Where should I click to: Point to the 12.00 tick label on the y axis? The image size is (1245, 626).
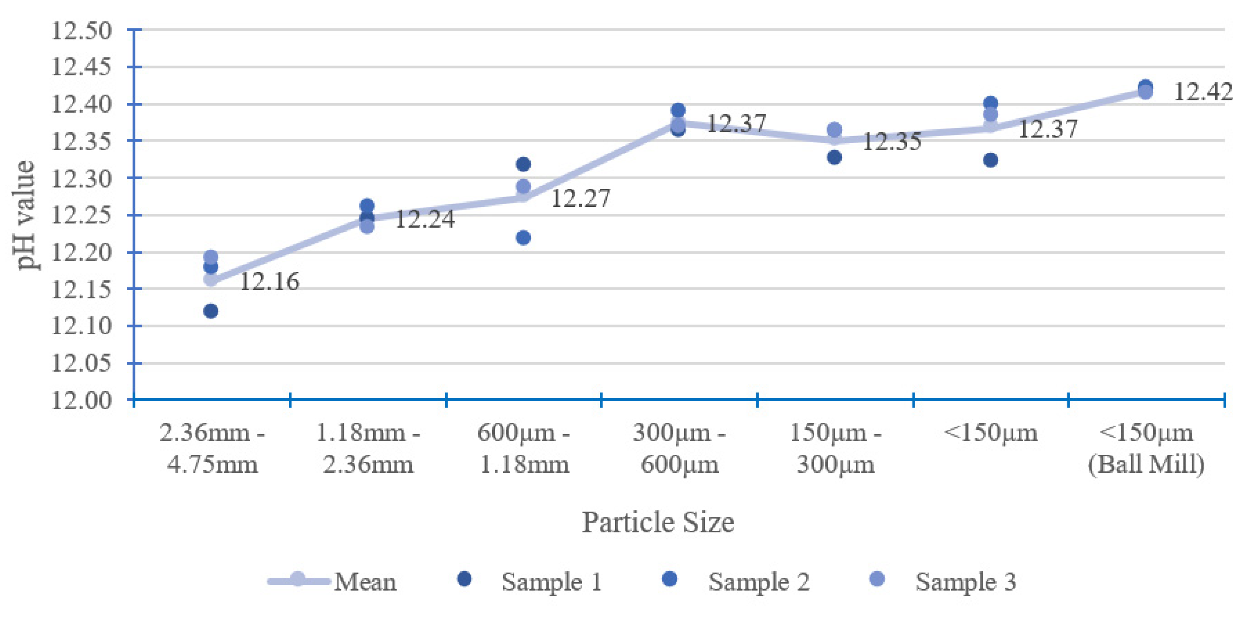point(81,401)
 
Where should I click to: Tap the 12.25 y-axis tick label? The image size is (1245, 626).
point(81,216)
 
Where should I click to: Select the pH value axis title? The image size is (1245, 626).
point(25,215)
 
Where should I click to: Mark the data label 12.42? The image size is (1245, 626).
point(1203,92)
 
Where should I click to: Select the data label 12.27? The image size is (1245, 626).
point(580,198)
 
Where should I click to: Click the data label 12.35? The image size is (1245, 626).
point(892,142)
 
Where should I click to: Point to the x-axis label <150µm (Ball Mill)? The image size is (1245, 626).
point(1146,448)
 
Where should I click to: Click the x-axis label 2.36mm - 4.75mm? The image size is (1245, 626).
point(212,448)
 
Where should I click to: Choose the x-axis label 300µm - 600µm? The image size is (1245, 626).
point(679,448)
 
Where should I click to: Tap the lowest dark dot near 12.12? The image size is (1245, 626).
point(211,311)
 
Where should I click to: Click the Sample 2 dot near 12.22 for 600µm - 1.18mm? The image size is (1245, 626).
point(523,238)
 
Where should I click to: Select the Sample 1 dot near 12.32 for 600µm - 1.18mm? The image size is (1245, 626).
point(523,164)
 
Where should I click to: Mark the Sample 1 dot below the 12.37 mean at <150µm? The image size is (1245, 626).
point(990,160)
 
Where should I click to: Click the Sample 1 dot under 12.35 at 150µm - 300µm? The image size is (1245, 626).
point(834,157)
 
